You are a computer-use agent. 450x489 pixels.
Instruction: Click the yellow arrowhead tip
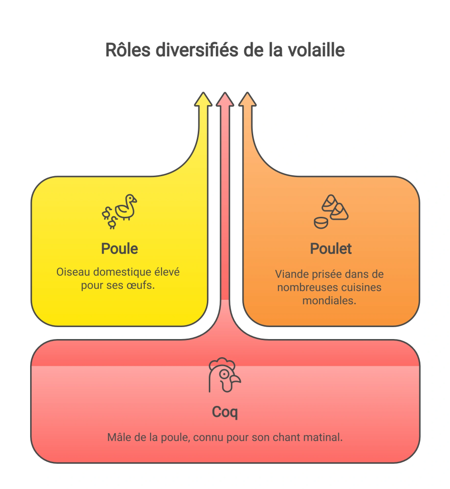pos(203,93)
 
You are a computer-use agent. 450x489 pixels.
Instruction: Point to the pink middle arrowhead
pos(225,99)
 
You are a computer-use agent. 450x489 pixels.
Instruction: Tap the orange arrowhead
pos(247,99)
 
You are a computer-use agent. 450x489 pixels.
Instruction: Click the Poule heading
pos(119,249)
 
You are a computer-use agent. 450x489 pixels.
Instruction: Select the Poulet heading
pos(331,249)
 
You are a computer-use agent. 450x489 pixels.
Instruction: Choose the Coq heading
pos(225,413)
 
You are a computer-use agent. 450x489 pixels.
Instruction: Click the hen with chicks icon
pos(119,212)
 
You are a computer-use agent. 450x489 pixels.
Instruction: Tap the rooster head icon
pos(225,375)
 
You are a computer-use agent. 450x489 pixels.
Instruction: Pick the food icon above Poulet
pos(331,212)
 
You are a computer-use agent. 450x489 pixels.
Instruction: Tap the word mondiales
pos(329,301)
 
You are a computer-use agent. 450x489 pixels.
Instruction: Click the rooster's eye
pos(224,374)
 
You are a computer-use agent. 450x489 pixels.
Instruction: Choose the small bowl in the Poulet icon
pos(321,223)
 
